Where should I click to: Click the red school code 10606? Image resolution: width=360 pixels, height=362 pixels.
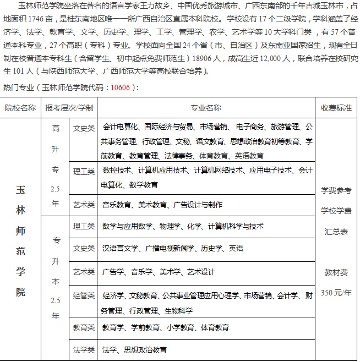coord(120,87)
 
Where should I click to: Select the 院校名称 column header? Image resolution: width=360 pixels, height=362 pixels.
coord(21,107)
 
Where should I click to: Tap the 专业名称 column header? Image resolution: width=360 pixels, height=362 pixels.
coord(205,107)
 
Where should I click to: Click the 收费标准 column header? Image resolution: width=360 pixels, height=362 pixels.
coord(336,107)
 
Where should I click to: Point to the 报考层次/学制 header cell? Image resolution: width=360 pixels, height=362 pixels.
coord(69,107)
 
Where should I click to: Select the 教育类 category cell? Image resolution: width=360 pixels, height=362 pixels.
coord(84,327)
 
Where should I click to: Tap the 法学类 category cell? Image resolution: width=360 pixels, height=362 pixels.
coord(84,349)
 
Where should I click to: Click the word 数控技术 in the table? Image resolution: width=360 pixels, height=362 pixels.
coord(117,171)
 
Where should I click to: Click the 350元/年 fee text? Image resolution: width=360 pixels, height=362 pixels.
coord(336,292)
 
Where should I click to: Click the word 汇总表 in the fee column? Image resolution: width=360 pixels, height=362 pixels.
coord(336,232)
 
